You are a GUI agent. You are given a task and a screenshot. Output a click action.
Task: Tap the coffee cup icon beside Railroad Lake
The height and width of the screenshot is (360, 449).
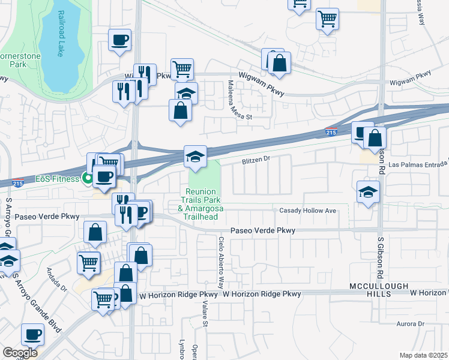[119, 41]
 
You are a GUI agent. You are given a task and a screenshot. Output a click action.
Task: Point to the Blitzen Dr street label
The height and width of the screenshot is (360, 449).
[258, 160]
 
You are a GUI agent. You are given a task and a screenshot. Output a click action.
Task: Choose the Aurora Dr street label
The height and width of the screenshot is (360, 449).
[411, 324]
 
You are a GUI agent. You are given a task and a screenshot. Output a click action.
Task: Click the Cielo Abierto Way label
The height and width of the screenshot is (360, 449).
[221, 262]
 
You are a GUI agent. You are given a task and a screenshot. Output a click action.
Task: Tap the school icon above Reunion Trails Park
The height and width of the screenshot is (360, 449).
[195, 157]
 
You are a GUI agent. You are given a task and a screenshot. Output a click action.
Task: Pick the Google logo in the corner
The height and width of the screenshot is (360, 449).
[20, 353]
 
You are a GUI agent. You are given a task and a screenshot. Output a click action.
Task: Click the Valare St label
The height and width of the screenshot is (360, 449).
[205, 313]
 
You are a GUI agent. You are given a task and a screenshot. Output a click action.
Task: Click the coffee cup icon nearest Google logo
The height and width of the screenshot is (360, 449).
[32, 334]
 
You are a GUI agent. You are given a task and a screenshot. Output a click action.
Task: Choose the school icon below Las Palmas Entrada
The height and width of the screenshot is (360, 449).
[368, 192]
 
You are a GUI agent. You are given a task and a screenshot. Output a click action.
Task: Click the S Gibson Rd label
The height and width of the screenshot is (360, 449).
[381, 258]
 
